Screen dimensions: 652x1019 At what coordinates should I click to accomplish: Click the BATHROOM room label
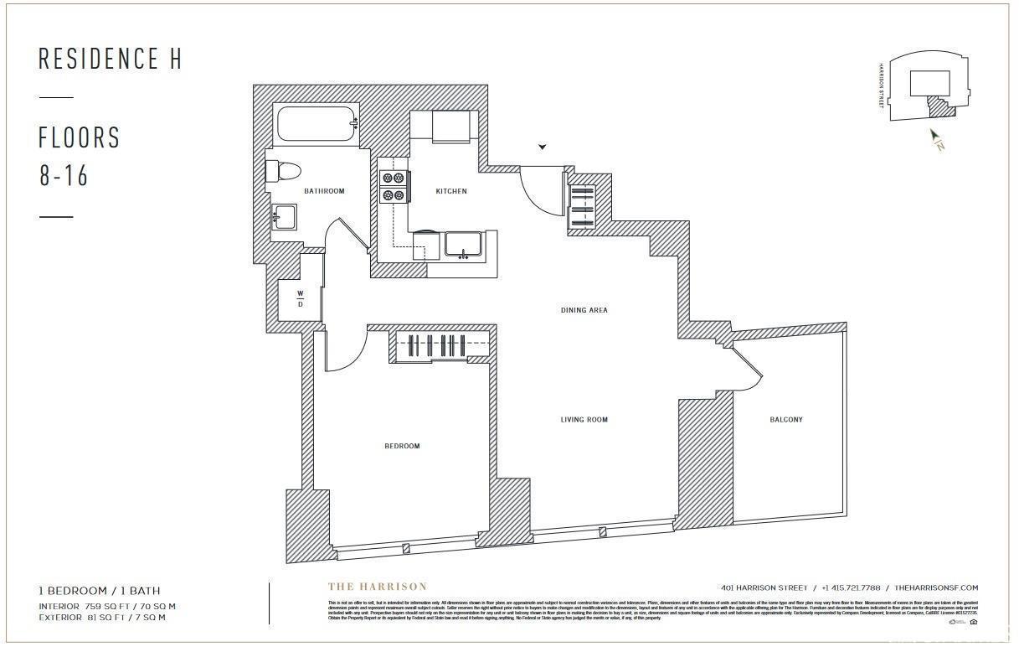pos(324,191)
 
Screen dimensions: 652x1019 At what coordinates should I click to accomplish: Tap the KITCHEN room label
pos(451,191)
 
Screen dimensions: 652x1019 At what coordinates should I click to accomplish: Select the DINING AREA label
pos(584,310)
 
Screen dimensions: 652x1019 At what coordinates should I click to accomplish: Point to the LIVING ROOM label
pos(584,419)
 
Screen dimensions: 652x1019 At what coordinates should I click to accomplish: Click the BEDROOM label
pos(402,446)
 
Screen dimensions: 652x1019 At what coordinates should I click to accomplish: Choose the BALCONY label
pos(785,419)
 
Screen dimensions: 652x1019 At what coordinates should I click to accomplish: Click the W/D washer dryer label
pos(301,298)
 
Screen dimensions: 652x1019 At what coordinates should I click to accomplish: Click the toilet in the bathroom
pos(282,172)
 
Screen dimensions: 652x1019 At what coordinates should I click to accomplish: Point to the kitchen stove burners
pos(394,186)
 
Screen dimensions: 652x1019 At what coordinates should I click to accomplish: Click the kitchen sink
pos(461,244)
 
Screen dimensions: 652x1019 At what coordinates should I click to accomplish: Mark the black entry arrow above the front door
pos(543,147)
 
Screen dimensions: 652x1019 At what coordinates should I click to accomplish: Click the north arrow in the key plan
pos(936,139)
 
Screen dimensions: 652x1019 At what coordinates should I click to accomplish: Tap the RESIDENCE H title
pos(110,59)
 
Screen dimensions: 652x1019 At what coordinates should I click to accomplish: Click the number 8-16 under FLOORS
pos(64,176)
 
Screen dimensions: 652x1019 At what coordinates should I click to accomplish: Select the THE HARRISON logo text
pos(377,587)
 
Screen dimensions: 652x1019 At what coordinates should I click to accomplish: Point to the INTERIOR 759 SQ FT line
pos(107,606)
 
